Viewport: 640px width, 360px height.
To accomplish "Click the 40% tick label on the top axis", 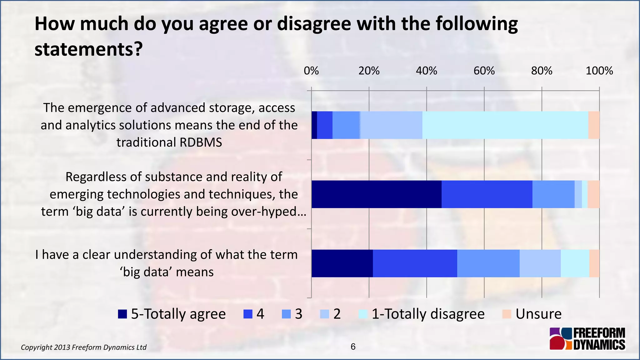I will coord(426,71).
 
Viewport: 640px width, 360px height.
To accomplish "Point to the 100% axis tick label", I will coord(599,71).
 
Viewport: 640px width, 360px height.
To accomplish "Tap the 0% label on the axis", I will coord(311,71).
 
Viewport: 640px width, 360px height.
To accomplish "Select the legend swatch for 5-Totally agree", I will coord(122,314).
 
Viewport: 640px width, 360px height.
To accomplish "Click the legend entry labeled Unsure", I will coord(538,314).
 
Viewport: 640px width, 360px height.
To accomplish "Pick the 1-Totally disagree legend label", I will coord(428,314).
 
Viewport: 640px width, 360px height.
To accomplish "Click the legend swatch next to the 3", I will coord(286,314).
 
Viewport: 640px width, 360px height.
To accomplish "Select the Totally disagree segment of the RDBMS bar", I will coord(505,125).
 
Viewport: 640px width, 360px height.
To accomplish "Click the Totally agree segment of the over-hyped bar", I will coord(376,194).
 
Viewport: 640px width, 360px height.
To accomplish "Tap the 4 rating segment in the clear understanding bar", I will coord(415,263).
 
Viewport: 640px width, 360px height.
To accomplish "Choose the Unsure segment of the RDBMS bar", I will coord(594,125).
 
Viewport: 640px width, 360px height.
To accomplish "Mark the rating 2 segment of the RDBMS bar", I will coord(391,125).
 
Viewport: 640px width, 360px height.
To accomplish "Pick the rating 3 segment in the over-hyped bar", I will coord(553,194).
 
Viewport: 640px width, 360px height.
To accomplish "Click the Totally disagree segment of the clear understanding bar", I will coord(575,263).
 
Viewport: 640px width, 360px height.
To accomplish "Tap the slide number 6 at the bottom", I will coord(353,347).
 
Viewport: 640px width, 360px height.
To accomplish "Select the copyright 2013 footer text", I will coord(83,347).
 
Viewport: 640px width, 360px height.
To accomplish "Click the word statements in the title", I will coord(88,49).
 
